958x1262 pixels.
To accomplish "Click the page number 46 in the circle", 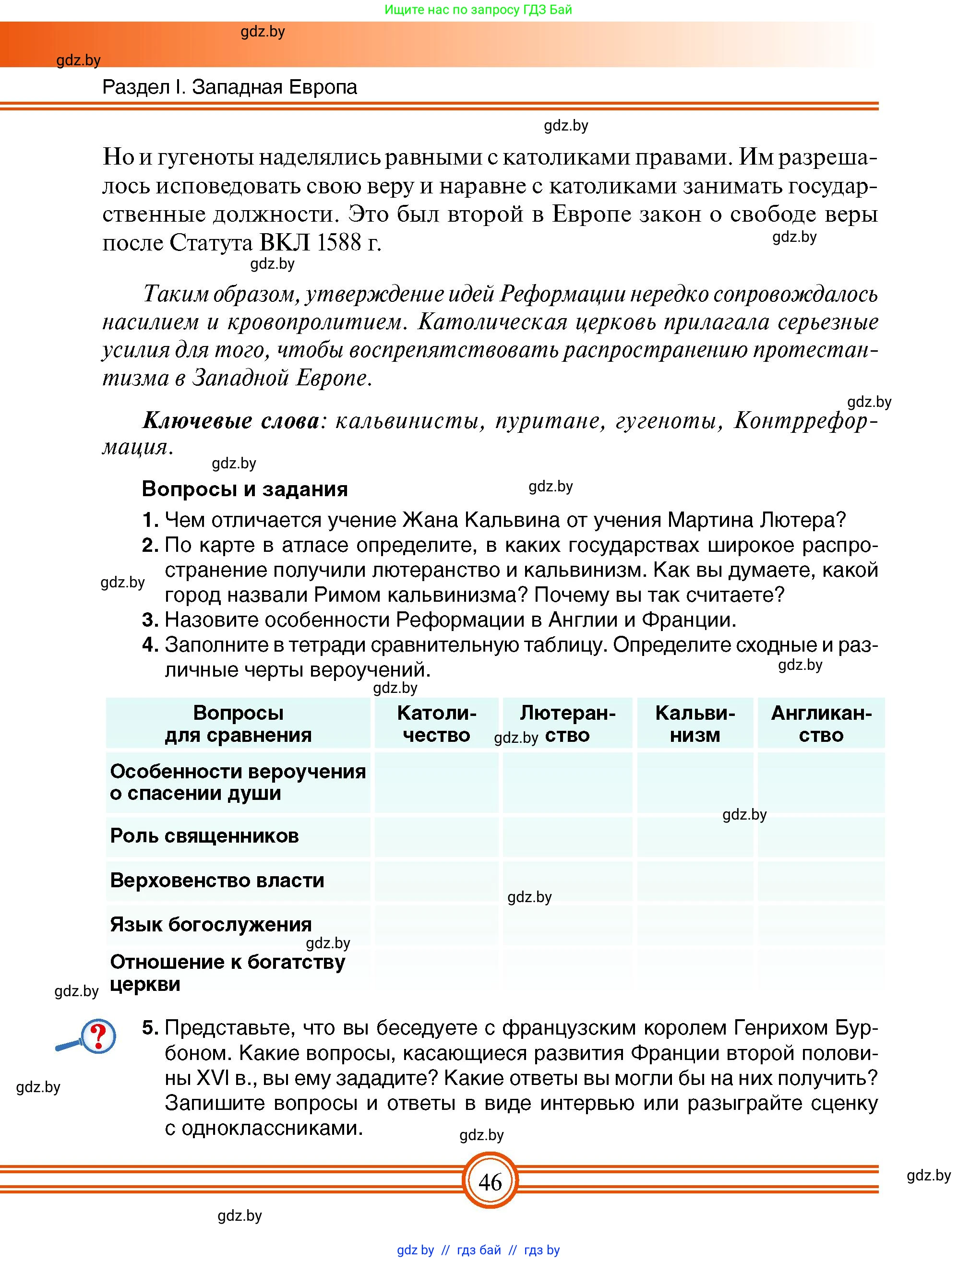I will coord(490,1181).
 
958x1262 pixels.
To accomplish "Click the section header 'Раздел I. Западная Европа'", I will coord(229,87).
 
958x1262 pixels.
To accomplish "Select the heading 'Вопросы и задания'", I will coord(245,489).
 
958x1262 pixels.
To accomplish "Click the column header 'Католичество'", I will coord(436,724).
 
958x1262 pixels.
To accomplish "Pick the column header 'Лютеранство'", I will coord(568,724).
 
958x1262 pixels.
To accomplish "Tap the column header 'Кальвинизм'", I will coord(695,724).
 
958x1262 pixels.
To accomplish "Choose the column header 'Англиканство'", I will coord(821,724).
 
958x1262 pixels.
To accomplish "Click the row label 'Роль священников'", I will coord(204,836).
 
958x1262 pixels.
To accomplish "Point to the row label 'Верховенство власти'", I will coord(217,881).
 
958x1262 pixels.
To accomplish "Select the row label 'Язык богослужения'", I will coord(211,924).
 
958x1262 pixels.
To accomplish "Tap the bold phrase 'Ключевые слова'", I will coord(230,420).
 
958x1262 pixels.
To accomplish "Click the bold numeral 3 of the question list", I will coord(149,619).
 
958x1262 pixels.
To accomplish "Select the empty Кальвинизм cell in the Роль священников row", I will coord(695,836).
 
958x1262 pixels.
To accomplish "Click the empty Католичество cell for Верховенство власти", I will coord(436,881).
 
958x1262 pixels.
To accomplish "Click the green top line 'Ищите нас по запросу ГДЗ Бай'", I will coord(478,10).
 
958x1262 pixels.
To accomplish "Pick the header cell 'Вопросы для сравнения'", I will coord(238,724).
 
